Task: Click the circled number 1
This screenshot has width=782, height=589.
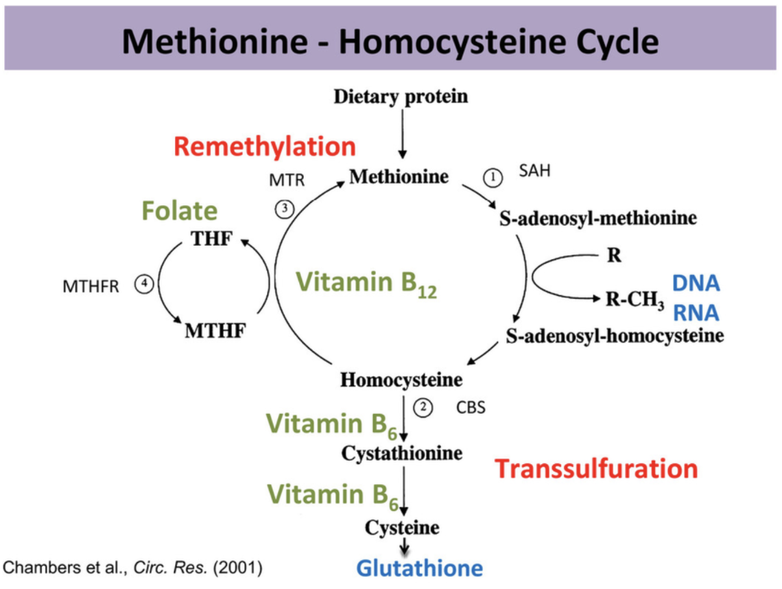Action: (493, 177)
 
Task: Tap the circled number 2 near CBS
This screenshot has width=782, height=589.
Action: (423, 407)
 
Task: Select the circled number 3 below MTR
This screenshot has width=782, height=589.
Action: (285, 208)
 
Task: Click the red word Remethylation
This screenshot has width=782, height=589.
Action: (265, 147)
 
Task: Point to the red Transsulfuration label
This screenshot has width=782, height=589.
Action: (596, 469)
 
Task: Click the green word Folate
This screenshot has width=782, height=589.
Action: (180, 211)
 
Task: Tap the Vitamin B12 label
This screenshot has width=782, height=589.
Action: (367, 283)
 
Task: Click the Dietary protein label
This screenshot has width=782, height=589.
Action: (401, 96)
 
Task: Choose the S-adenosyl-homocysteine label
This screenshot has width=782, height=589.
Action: (615, 336)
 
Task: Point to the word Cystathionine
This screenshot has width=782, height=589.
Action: (402, 453)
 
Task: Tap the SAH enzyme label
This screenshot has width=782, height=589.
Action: (535, 172)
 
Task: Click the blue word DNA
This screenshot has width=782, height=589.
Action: (695, 283)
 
